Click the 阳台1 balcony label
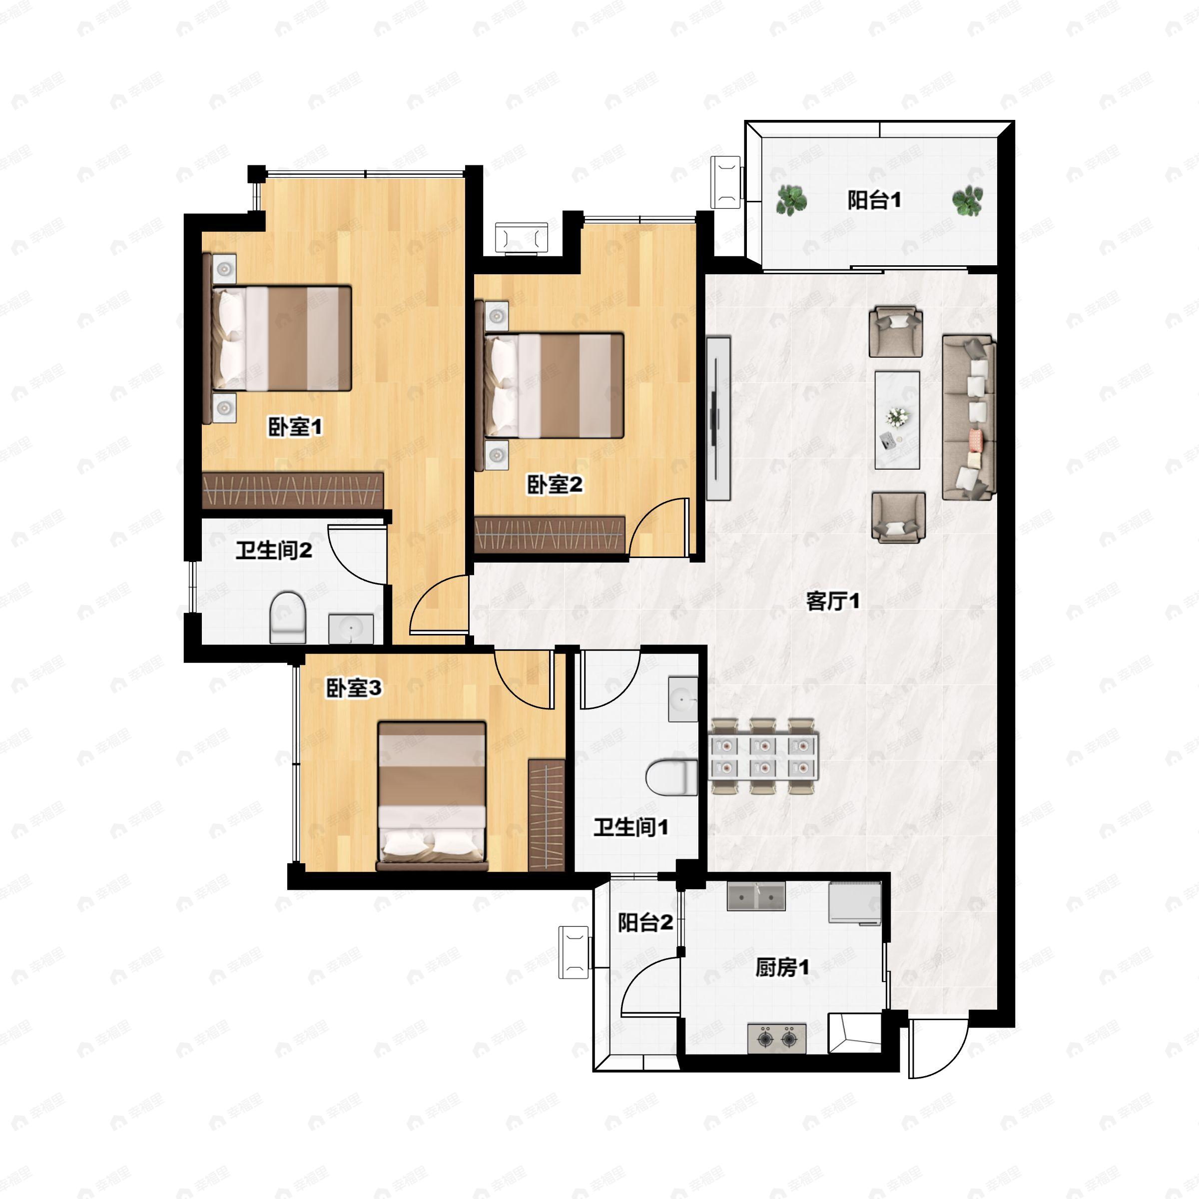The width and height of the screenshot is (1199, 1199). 874,200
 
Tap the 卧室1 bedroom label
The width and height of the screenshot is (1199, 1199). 295,427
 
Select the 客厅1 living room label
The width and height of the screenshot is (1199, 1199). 833,600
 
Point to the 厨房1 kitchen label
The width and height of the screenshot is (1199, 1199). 782,967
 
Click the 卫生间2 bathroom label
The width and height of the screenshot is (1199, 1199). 274,550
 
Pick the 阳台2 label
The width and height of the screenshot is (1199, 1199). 645,922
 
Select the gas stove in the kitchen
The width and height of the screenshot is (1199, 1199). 777,1038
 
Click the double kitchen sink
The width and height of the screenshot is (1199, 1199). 756,897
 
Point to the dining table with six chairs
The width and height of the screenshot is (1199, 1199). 763,756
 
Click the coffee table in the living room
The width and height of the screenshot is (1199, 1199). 897,420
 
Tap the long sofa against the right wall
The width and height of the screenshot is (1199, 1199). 969,418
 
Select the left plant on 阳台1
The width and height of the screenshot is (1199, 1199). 792,200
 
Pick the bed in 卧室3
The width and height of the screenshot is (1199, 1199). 433,796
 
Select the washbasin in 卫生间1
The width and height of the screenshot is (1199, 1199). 682,699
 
